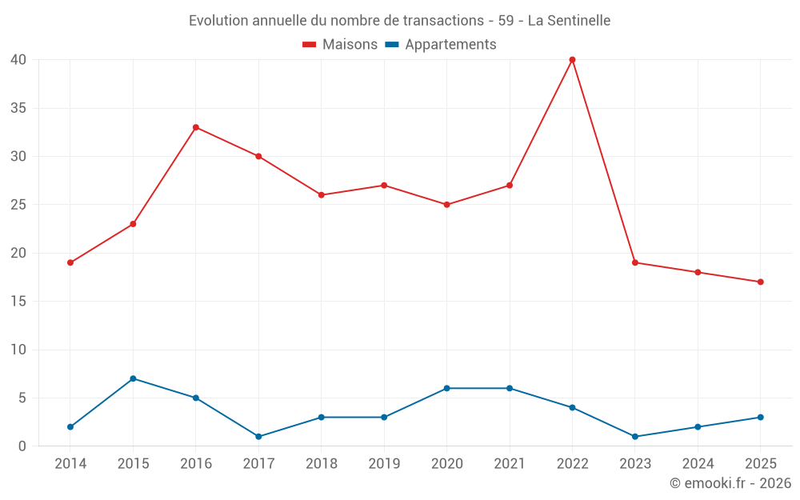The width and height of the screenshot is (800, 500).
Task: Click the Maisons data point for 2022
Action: [x=572, y=59]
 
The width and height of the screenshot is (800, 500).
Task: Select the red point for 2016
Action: [x=196, y=127]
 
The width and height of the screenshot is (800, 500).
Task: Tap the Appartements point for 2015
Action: [x=133, y=378]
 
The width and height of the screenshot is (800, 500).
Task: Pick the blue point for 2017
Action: [x=258, y=437]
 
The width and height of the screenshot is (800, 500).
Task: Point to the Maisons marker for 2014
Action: [x=70, y=262]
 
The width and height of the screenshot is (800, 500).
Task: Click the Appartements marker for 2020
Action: [x=446, y=388]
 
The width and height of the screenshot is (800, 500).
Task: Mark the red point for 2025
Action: [x=760, y=282]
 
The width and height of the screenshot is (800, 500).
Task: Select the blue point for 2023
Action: [x=635, y=437]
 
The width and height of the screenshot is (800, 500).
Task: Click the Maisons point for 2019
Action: [x=384, y=186]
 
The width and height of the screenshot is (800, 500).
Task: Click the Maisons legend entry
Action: [x=340, y=45]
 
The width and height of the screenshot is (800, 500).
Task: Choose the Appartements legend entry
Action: [x=441, y=45]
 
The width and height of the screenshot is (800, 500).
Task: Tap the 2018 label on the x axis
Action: [x=321, y=464]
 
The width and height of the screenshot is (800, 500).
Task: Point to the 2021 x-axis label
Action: [x=510, y=464]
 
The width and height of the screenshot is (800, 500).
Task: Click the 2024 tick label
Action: [x=698, y=464]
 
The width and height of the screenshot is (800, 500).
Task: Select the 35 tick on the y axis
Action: [x=18, y=108]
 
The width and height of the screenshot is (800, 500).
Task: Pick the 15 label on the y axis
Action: [x=18, y=302]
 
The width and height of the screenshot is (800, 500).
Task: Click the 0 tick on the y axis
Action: [x=22, y=446]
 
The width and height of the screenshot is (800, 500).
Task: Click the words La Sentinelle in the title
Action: [x=569, y=20]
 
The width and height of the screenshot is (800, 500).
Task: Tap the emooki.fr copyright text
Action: [x=730, y=483]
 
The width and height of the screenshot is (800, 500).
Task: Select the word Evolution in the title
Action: [x=218, y=20]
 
